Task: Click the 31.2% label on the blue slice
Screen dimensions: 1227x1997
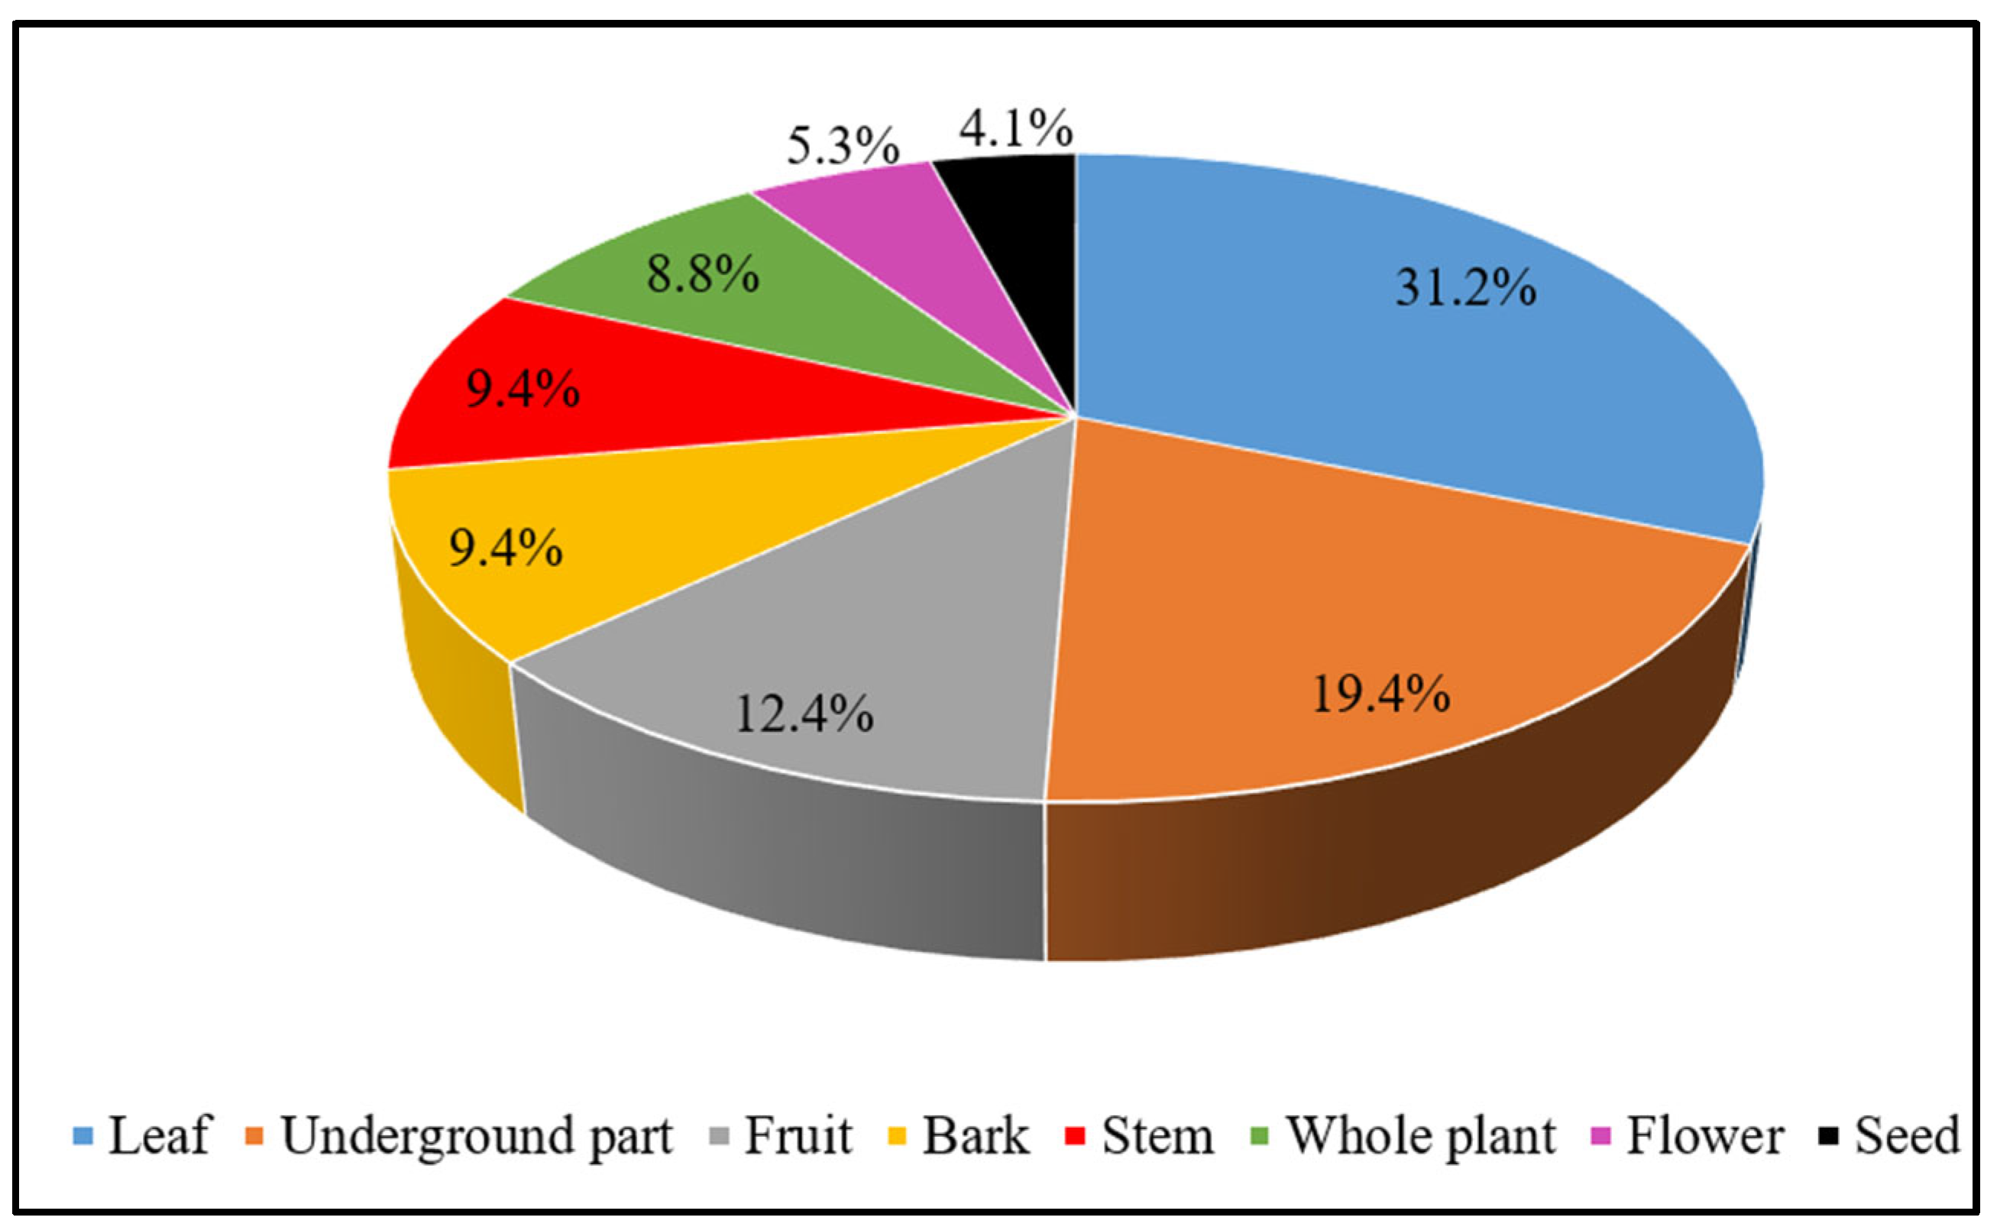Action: point(1465,288)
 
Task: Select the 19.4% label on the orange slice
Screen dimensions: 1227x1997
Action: point(1381,694)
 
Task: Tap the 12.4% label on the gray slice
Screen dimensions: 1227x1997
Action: point(804,714)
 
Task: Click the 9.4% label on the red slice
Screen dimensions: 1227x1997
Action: point(523,390)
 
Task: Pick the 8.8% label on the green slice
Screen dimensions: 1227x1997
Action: point(703,274)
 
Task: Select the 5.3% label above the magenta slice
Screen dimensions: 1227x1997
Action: point(843,146)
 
